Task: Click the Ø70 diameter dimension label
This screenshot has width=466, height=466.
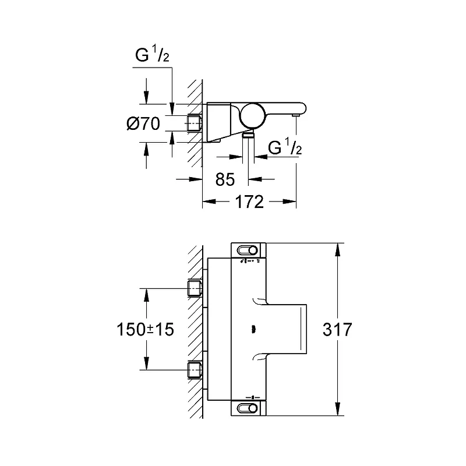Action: tap(143, 123)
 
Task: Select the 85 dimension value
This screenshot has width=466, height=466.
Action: tap(225, 179)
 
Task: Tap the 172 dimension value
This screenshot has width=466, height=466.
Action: tap(249, 202)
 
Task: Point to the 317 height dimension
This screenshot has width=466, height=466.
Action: tap(337, 329)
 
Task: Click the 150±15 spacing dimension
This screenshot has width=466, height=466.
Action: tap(145, 329)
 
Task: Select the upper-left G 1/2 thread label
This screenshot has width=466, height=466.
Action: tap(152, 54)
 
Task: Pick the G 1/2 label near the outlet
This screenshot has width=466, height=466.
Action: tap(285, 146)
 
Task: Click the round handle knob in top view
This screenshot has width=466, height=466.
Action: tap(253, 116)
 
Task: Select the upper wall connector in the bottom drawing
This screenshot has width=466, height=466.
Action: tap(195, 288)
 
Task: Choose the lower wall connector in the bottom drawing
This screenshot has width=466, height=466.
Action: tap(195, 370)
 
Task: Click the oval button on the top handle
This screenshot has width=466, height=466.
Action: tap(247, 250)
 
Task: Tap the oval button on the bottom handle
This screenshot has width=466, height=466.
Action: tap(247, 408)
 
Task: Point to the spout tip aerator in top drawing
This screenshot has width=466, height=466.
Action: tap(295, 115)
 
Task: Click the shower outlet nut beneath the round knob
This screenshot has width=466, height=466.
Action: tap(248, 135)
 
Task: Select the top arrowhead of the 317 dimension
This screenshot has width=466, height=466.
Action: tap(337, 250)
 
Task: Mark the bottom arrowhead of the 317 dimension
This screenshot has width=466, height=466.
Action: tap(337, 409)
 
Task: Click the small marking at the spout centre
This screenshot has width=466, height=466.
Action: tap(253, 329)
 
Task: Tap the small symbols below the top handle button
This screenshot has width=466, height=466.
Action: tap(250, 261)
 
